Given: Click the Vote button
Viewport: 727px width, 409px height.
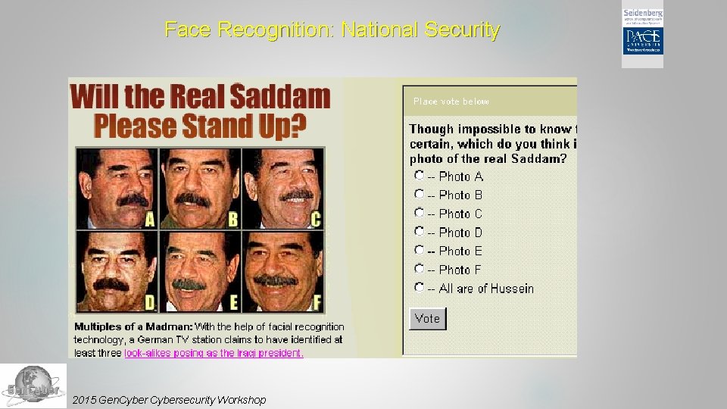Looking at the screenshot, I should [427, 319].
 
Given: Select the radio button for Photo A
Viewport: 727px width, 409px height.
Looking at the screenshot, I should [419, 175].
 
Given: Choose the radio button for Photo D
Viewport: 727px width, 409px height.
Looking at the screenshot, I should [419, 231].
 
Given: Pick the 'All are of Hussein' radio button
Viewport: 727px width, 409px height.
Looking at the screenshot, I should [419, 287].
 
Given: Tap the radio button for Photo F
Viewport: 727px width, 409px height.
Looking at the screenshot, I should [419, 268].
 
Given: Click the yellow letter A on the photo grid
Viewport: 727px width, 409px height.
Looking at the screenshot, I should [149, 220].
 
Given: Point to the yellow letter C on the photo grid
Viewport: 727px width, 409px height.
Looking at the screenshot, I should [316, 220].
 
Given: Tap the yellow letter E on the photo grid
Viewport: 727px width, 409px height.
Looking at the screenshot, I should [234, 303].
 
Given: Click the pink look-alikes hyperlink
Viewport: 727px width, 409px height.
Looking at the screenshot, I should [214, 353].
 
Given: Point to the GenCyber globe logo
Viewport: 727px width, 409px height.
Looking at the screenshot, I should [33, 386].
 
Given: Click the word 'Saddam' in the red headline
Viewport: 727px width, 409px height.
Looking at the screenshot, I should [279, 97].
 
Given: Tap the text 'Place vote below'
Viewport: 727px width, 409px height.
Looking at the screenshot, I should [451, 101].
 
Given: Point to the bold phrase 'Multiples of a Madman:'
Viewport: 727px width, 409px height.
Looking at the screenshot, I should [133, 326].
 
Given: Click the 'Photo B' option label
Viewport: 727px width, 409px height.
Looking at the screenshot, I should [460, 195].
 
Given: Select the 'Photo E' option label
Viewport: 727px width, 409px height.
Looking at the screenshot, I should [460, 251].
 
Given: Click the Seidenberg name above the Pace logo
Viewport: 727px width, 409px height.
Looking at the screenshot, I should [643, 14].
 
